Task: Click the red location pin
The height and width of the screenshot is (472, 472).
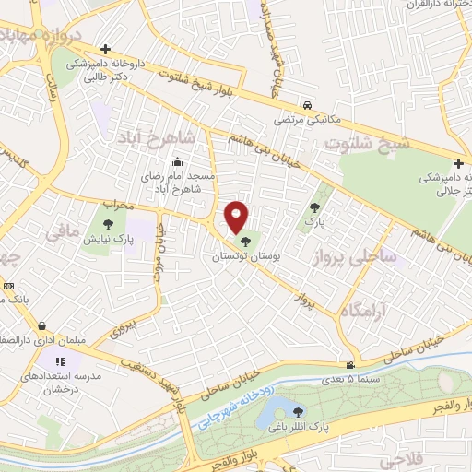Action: (237, 216)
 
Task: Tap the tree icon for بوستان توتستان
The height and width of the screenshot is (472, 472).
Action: (243, 242)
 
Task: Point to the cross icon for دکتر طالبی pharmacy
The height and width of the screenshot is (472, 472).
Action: (106, 49)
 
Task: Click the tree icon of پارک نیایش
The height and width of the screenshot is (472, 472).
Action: (109, 222)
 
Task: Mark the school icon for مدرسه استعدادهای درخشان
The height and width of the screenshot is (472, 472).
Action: (61, 361)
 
